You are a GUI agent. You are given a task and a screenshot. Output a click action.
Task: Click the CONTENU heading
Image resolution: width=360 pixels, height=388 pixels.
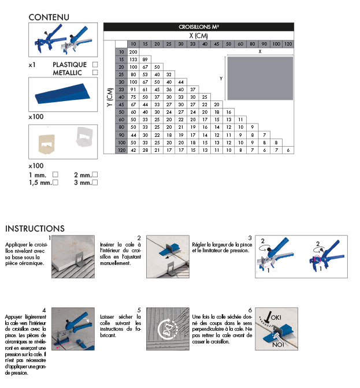coord(49,17)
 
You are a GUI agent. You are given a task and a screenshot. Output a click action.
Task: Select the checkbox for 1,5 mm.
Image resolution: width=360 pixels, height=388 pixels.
coord(55,182)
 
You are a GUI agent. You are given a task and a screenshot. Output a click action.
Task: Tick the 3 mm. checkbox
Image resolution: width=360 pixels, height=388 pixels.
coord(94,182)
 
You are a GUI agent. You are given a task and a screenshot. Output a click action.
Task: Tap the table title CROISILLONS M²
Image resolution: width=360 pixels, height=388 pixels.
coord(198,27)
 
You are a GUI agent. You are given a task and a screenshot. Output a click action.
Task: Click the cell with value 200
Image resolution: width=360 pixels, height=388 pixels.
coord(133,52)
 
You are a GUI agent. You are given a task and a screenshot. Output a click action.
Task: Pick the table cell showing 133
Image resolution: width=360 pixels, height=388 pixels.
coord(133,59)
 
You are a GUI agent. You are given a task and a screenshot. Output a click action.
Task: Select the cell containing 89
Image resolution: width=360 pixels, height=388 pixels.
coord(145,59)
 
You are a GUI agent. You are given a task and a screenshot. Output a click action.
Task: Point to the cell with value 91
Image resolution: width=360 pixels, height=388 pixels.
coord(133,89)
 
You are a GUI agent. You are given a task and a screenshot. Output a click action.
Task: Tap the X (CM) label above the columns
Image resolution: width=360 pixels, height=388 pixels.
coord(198,36)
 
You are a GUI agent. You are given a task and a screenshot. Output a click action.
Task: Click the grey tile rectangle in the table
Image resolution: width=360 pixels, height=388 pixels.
coord(260,77)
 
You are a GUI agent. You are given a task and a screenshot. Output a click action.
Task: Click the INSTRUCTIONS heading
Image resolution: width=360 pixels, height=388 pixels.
coord(35,229)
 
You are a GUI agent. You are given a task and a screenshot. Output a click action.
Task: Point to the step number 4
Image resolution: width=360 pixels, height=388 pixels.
coord(52,310)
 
